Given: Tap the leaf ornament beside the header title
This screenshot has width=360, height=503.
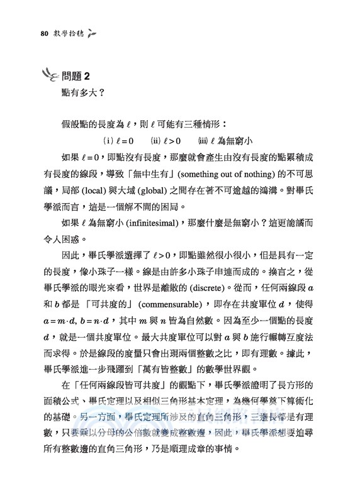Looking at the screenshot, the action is click(92, 33).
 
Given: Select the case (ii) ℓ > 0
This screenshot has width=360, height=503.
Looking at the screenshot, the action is click(166, 141).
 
